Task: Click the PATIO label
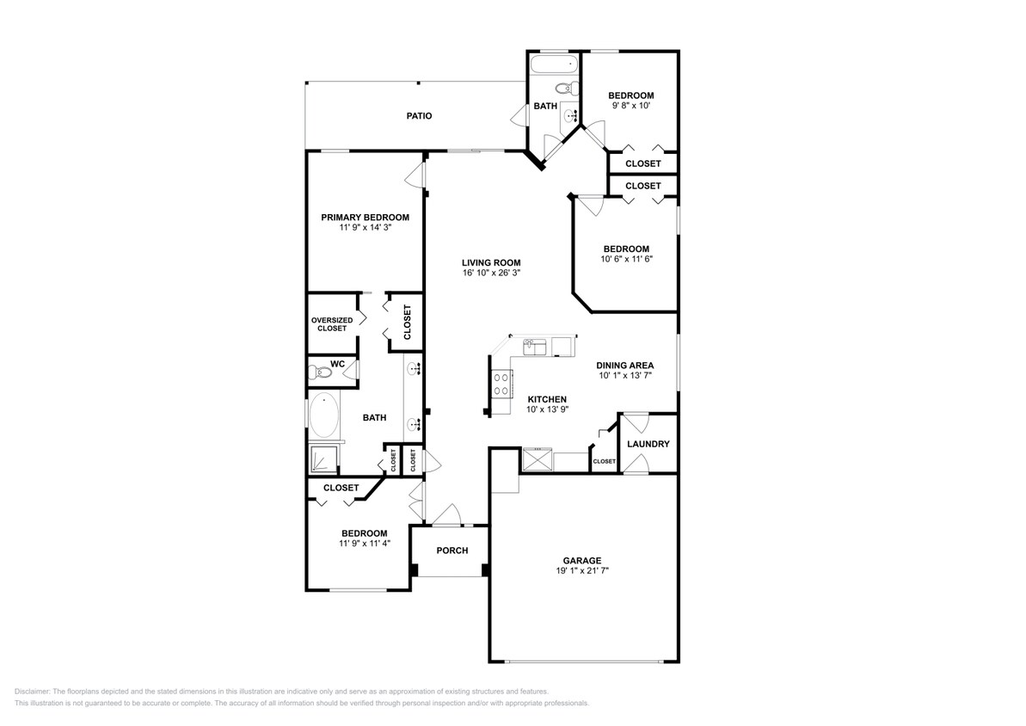[419, 116]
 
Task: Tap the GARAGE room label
[582, 560]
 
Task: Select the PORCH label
[452, 551]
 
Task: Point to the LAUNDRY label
[648, 444]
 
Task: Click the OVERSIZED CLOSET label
[332, 324]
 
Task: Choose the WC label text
[338, 364]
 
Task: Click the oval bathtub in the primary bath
[323, 415]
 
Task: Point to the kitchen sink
[535, 347]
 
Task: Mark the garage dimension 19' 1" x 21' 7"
[582, 570]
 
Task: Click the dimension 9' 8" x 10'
[630, 106]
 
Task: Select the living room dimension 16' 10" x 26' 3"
[490, 273]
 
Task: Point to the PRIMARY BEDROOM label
[365, 218]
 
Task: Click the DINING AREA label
[624, 365]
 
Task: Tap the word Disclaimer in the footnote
[33, 692]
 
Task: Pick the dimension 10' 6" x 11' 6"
[625, 259]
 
